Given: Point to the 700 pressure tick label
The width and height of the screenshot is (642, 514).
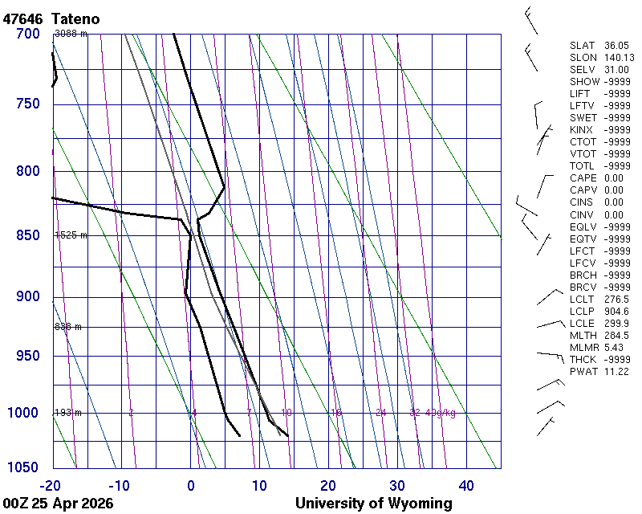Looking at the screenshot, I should [x=27, y=34].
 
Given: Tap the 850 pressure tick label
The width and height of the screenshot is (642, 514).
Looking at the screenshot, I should [x=27, y=236].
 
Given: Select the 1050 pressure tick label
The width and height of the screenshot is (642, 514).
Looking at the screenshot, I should [x=24, y=468].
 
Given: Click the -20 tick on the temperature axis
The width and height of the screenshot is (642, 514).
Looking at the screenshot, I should [x=52, y=485].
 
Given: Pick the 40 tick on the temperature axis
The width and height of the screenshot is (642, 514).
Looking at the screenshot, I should [x=466, y=485].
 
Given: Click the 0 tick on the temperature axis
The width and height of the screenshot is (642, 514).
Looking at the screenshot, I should [x=191, y=485].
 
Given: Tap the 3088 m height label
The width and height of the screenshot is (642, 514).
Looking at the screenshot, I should [x=71, y=34].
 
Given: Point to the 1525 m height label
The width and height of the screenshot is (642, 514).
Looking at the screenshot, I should [x=71, y=235].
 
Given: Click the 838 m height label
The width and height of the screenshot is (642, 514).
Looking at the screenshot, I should [x=68, y=327].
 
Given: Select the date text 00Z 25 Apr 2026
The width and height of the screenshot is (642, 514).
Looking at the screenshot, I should [x=58, y=504].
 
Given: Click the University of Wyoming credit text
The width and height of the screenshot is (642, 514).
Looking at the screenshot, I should [x=373, y=504].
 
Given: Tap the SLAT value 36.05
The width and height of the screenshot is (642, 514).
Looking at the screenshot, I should [x=616, y=46].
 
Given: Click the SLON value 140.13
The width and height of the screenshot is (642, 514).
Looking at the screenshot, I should [x=619, y=58].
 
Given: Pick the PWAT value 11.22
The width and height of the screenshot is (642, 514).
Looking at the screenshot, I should [x=616, y=371].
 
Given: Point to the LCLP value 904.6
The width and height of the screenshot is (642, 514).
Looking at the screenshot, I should [x=616, y=311].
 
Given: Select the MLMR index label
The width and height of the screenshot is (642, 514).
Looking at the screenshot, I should [x=583, y=347].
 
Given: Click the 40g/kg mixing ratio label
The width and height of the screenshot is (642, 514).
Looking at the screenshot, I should [x=441, y=413].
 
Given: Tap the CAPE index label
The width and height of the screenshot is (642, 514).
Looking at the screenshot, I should [x=583, y=178].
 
